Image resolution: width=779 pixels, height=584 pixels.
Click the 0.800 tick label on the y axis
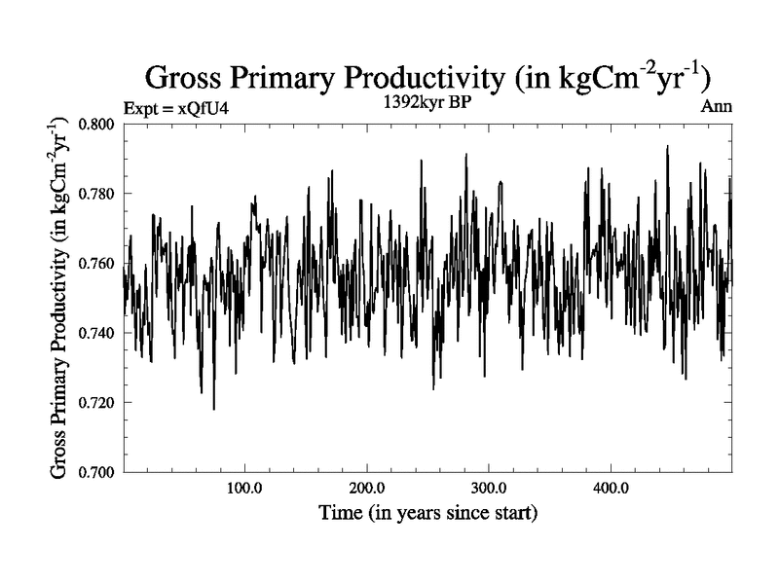(x=97, y=125)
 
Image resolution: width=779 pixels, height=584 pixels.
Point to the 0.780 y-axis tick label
(x=97, y=194)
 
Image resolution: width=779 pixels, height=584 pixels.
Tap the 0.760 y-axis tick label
(x=97, y=264)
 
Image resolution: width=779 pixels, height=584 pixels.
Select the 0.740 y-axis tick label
(x=97, y=333)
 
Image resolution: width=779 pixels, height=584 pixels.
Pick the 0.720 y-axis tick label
(x=97, y=403)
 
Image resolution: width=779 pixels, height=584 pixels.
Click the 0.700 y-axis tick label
(x=97, y=472)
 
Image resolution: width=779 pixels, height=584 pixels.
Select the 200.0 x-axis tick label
(x=366, y=489)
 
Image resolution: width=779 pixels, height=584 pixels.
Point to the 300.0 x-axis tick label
(x=488, y=489)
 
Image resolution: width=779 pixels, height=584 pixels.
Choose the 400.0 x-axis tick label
(x=610, y=489)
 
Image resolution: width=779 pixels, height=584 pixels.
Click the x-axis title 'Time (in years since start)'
(x=427, y=511)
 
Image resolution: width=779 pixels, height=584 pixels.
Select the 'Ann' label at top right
(x=716, y=107)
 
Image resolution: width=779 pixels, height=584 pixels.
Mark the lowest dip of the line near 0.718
(x=213, y=409)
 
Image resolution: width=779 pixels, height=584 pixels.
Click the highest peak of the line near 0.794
(x=667, y=146)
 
